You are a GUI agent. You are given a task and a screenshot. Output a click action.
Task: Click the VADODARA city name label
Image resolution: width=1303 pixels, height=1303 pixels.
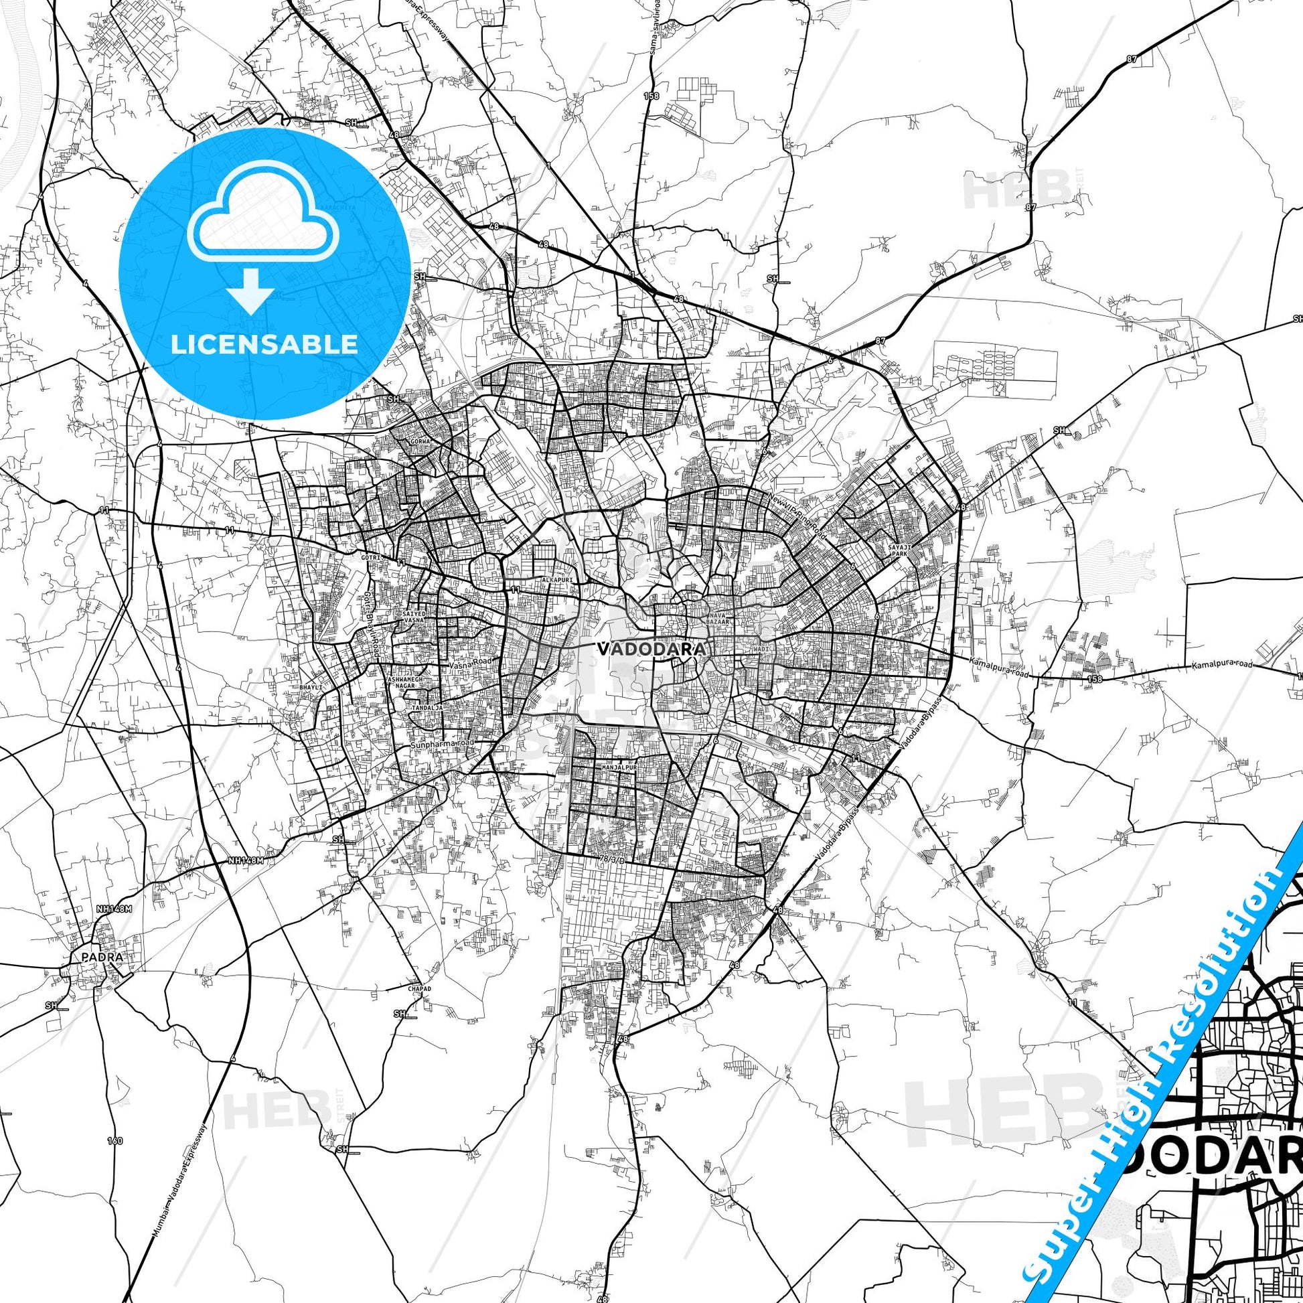tap(651, 649)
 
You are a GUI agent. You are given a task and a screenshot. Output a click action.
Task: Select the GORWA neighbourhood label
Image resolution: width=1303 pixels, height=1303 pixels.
tap(420, 442)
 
